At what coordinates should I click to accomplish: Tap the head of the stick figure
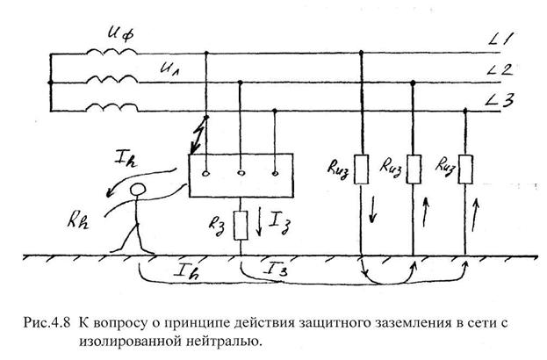point(138,191)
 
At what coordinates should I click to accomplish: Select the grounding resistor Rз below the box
point(241,219)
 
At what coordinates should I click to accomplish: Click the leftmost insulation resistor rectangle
point(361,172)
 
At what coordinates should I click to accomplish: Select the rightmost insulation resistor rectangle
point(466,169)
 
